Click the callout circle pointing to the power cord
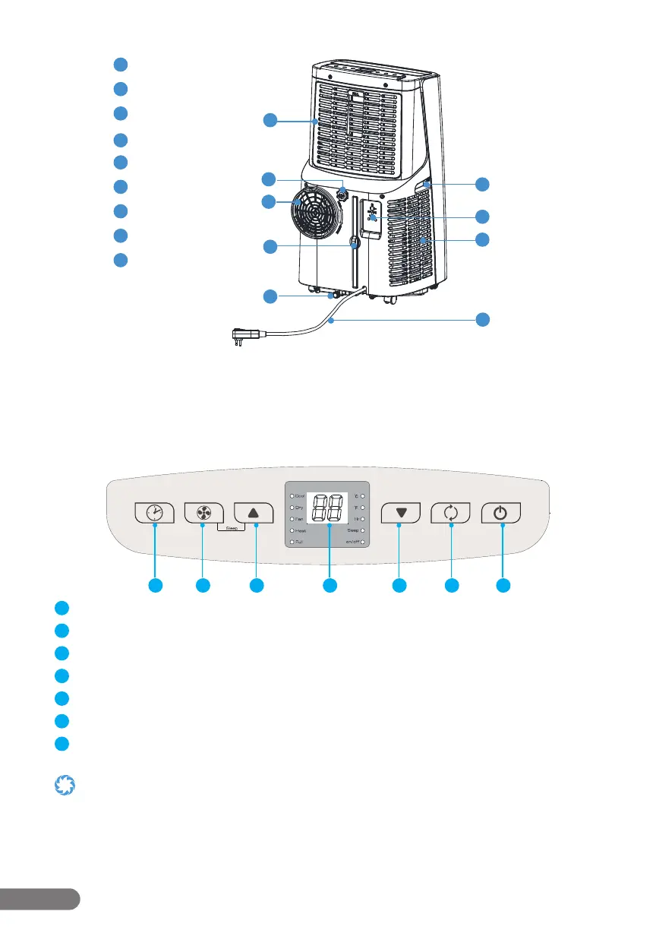tap(484, 320)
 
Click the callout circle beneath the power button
tap(503, 585)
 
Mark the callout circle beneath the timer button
tap(155, 585)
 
